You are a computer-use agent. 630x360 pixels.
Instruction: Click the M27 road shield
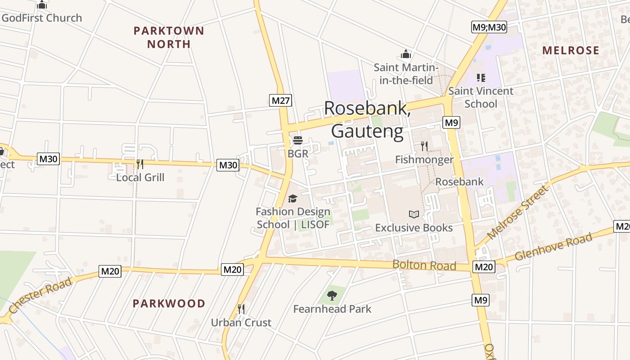(x=281, y=100)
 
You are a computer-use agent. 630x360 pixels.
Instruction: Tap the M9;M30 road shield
(x=489, y=27)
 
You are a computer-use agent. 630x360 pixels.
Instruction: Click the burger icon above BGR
(x=297, y=140)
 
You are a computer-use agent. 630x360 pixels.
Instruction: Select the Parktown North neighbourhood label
(x=169, y=37)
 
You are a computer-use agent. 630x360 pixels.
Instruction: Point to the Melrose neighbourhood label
(x=571, y=50)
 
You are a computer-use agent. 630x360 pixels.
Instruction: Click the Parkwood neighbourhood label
(x=169, y=303)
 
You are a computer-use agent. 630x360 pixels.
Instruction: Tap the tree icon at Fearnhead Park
(x=332, y=296)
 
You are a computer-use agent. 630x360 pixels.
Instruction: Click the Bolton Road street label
(x=424, y=265)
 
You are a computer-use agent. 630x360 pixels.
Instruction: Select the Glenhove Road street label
(x=553, y=247)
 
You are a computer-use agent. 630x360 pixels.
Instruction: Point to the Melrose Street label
(x=518, y=212)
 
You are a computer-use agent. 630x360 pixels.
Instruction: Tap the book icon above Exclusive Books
(x=414, y=214)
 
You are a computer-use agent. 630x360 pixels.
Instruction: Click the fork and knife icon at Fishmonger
(x=424, y=146)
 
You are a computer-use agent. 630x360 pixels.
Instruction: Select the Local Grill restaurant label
(x=140, y=177)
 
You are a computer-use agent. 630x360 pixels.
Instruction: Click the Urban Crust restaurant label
(x=241, y=322)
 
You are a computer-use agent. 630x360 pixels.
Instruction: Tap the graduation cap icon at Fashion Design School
(x=292, y=198)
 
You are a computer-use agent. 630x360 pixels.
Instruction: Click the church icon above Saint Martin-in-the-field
(x=406, y=54)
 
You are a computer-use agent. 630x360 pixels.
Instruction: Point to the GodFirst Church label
(x=41, y=18)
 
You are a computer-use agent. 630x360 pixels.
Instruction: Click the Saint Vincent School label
(x=481, y=97)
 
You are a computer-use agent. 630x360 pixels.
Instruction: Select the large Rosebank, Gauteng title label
(x=367, y=120)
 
